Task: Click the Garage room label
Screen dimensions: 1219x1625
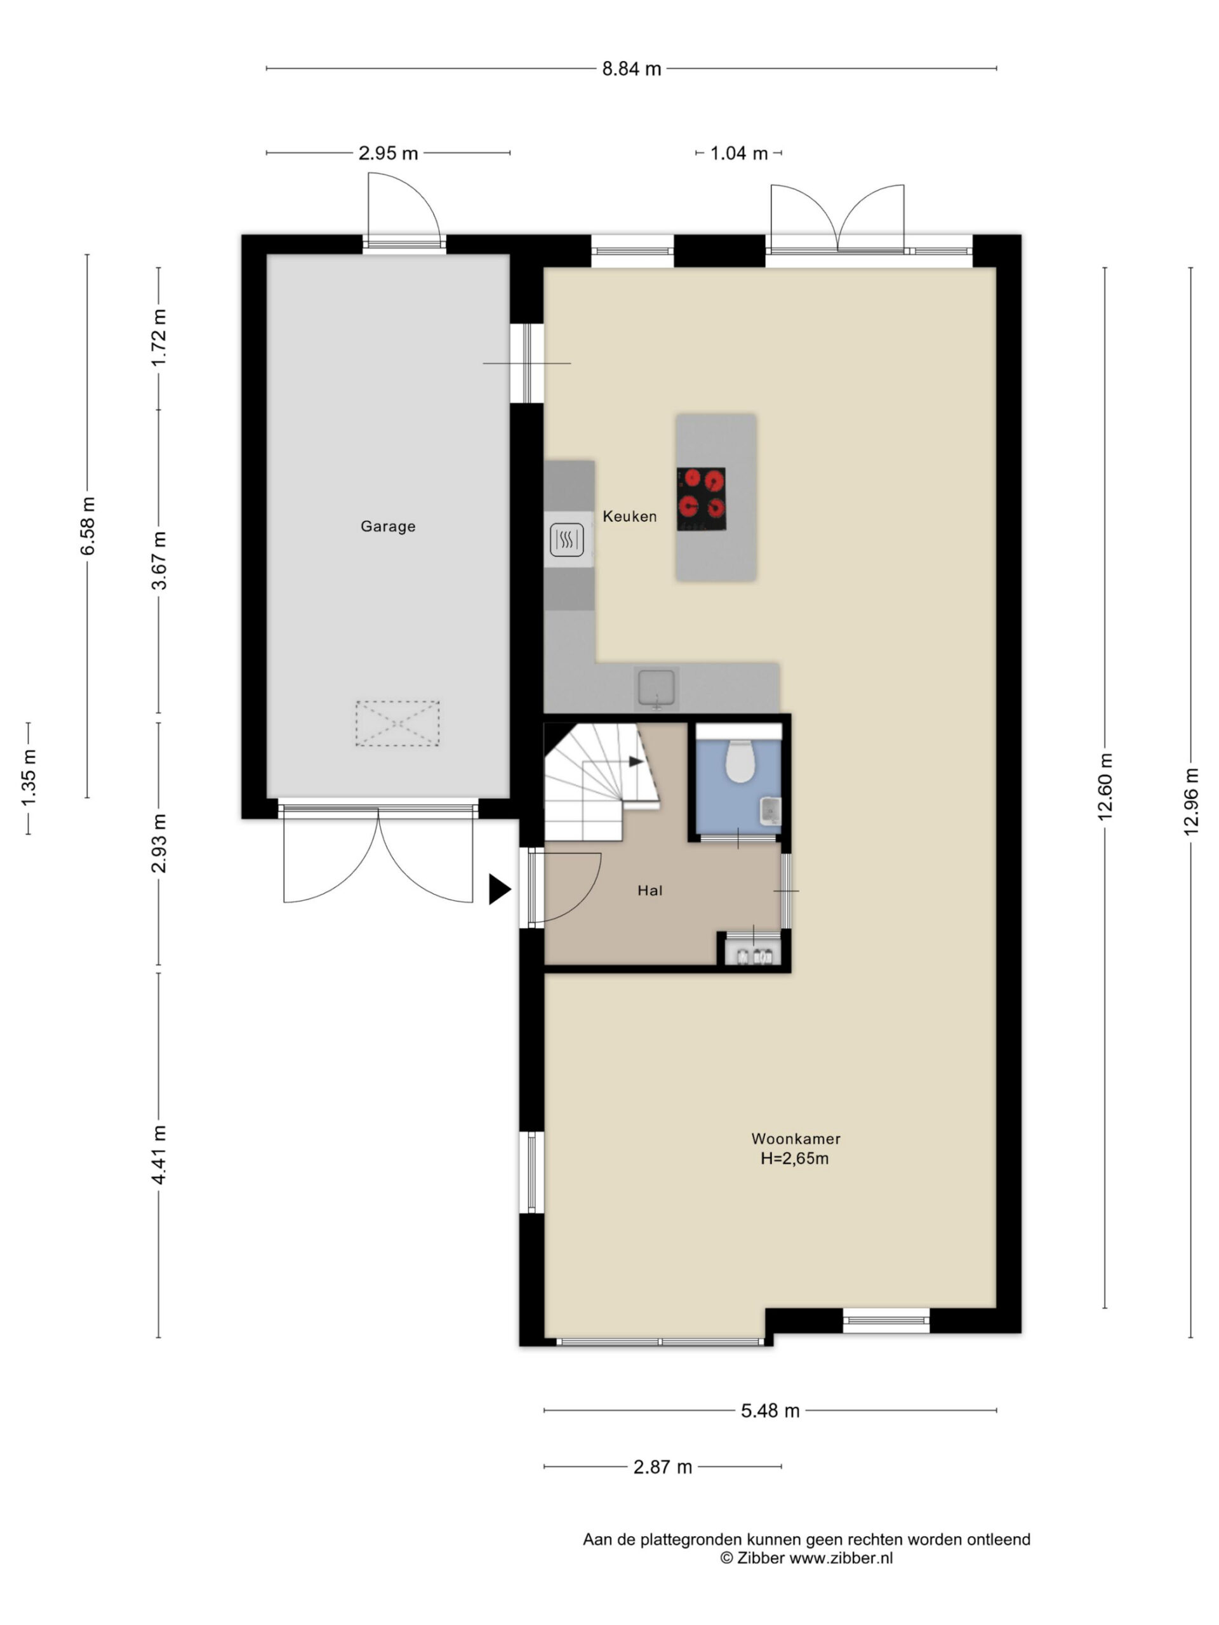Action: click(388, 526)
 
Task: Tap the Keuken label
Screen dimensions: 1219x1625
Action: click(630, 517)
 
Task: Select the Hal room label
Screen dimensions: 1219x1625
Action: click(649, 891)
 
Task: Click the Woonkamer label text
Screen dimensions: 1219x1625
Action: click(795, 1139)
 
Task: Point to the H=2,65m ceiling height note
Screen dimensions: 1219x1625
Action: click(794, 1158)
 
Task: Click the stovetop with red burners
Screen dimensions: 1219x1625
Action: click(701, 499)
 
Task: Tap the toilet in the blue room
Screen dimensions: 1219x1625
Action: click(739, 761)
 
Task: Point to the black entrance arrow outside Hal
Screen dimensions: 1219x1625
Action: click(499, 890)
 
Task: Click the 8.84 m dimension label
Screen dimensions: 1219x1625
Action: click(631, 69)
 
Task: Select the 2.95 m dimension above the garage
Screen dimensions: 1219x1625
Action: click(388, 153)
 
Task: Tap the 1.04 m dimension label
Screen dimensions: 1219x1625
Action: click(738, 153)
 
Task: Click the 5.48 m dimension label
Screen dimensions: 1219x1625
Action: click(770, 1410)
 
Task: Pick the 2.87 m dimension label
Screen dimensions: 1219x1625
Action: click(663, 1467)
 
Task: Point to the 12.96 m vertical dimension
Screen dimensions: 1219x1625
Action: click(1191, 802)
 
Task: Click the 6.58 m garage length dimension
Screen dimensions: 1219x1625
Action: click(88, 526)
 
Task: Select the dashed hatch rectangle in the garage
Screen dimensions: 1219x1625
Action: click(397, 724)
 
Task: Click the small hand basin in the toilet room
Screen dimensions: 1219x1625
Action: click(770, 811)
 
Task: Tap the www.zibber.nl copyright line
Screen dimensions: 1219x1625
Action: click(806, 1558)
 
